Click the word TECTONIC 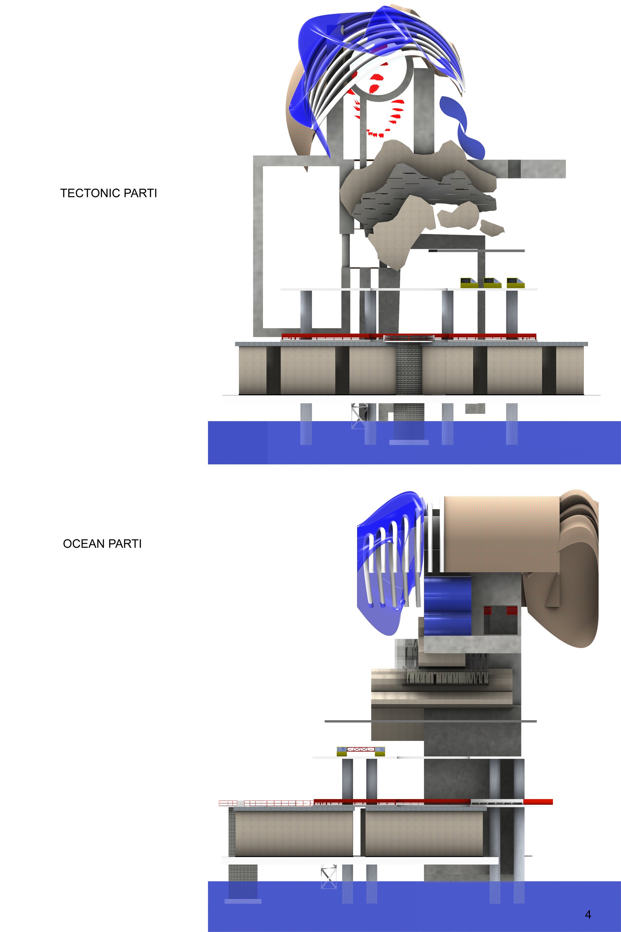(90, 193)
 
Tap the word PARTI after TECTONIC (140, 193)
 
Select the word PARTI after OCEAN (125, 543)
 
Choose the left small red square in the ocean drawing (487, 610)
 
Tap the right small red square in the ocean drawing (512, 610)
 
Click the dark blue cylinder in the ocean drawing (447, 606)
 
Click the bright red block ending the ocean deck (538, 802)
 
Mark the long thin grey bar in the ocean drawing (430, 721)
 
